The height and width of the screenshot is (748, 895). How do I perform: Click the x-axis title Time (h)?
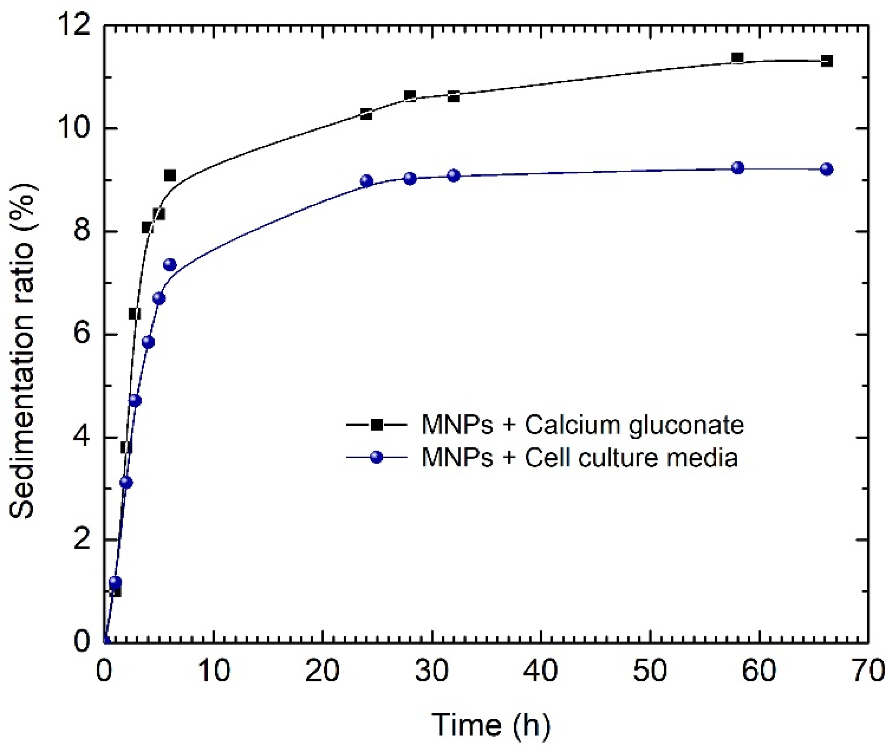(x=491, y=725)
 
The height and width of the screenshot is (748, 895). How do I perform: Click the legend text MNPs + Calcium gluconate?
(x=583, y=424)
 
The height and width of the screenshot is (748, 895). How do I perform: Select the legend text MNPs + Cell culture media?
(x=580, y=457)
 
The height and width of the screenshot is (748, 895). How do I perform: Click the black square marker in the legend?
(x=377, y=424)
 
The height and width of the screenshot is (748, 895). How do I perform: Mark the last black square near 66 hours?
(x=826, y=61)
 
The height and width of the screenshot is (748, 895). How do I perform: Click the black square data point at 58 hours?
(x=737, y=57)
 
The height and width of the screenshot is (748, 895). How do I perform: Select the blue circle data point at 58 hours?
(x=738, y=168)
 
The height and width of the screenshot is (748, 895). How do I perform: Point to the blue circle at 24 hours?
(x=367, y=181)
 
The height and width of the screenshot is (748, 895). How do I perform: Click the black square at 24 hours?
(x=366, y=114)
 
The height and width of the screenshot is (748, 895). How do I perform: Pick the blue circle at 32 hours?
(x=454, y=175)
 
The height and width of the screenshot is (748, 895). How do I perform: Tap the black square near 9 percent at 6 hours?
(x=170, y=175)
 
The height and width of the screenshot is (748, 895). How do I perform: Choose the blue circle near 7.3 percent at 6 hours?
(x=170, y=265)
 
